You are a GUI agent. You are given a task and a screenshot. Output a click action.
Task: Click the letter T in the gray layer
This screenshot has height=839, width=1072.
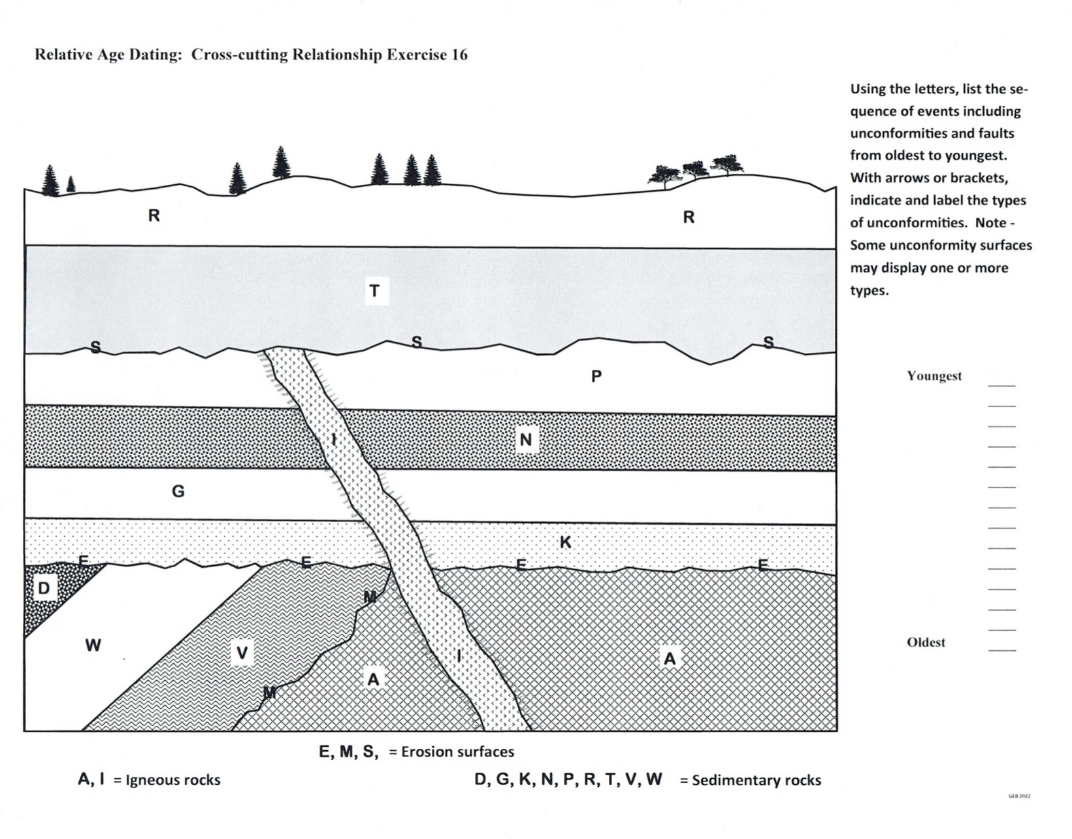coord(374,291)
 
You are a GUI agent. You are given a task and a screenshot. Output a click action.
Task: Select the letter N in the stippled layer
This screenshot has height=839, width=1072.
coord(526,440)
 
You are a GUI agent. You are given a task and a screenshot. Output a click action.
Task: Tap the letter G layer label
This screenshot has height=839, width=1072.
coord(178,491)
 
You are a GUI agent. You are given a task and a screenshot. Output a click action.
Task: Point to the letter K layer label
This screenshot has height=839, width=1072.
coord(566,542)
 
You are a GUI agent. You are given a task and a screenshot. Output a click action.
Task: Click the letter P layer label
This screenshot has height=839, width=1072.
coord(596,376)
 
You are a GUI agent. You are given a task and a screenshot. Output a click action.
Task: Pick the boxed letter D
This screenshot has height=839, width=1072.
coord(44,588)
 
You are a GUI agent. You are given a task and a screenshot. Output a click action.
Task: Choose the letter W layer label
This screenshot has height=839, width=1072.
coord(93,646)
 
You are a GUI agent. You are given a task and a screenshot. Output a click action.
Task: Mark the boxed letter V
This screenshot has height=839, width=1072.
coord(242,653)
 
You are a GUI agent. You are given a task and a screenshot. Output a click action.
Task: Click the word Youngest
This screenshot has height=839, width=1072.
coord(934,376)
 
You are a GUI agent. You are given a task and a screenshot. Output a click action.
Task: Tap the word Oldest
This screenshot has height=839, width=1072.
coord(926,642)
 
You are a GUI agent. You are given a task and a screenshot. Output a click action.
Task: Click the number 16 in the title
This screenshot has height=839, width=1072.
coord(459,54)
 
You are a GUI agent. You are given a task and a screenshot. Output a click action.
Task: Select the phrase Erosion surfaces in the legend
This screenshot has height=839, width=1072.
coord(457,751)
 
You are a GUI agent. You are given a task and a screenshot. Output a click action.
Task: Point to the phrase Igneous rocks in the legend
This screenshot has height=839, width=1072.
coord(173,780)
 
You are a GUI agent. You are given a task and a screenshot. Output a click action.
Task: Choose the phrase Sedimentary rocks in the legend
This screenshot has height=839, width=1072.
coord(756,780)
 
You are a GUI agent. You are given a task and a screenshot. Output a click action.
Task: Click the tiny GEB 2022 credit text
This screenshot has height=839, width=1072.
coord(1020,796)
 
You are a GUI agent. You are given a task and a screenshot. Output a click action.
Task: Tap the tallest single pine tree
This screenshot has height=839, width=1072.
coord(281,162)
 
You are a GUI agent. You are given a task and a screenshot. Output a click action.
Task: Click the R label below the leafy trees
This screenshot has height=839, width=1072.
coord(689,218)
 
